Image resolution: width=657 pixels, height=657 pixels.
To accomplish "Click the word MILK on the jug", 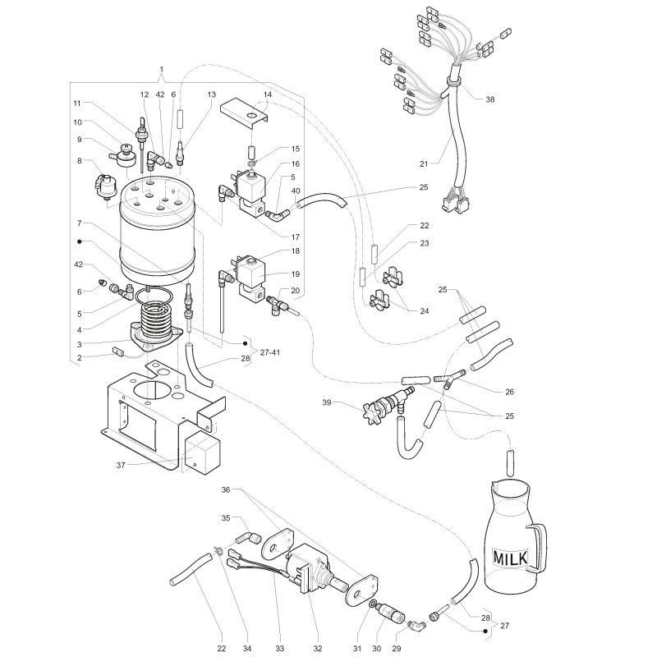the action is (510, 558).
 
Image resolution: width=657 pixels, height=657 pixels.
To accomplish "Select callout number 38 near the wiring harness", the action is (489, 99).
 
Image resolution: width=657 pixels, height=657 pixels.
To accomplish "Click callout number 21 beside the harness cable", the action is (424, 163).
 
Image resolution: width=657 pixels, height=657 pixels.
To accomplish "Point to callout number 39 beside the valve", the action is (327, 402).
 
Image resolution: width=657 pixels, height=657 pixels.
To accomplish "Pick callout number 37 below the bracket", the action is (121, 465).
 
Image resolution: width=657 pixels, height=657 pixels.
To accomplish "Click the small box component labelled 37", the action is (202, 453).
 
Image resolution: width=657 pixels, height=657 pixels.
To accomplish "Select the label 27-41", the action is (270, 352).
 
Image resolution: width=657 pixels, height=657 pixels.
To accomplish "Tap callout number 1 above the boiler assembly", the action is (162, 69).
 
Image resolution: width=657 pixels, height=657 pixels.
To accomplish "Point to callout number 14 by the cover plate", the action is (268, 94).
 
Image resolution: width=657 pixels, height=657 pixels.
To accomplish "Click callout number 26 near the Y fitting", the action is (509, 392).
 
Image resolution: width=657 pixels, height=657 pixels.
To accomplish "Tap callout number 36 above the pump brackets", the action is (226, 489).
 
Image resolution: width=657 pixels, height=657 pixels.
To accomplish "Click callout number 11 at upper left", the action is (76, 103).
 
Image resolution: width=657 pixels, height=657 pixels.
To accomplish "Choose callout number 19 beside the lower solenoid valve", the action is (296, 274).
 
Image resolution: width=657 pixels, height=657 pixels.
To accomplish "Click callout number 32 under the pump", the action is (318, 649).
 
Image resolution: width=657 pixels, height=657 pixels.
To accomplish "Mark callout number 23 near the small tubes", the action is (425, 243).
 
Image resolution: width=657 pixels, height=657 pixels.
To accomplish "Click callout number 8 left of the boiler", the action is (79, 160).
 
